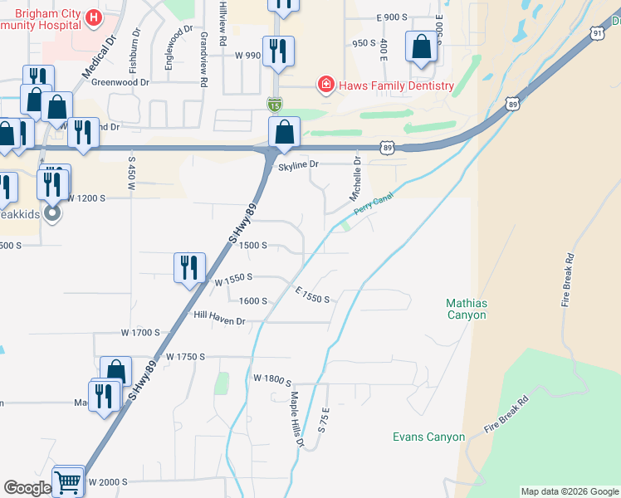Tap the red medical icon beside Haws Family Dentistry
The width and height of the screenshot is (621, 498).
(x=326, y=85)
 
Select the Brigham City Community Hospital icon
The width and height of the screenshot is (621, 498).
(x=94, y=17)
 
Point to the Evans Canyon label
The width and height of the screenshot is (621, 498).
(x=428, y=437)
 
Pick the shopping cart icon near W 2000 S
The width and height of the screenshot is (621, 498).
(x=68, y=481)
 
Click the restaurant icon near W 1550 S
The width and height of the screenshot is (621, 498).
(x=189, y=267)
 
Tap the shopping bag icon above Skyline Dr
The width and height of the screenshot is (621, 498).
(x=284, y=132)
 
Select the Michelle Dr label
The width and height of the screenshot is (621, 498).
(x=355, y=179)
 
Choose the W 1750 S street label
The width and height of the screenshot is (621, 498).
(x=184, y=356)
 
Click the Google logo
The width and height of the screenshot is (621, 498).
(x=27, y=488)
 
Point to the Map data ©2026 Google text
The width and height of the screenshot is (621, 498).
(x=569, y=491)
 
